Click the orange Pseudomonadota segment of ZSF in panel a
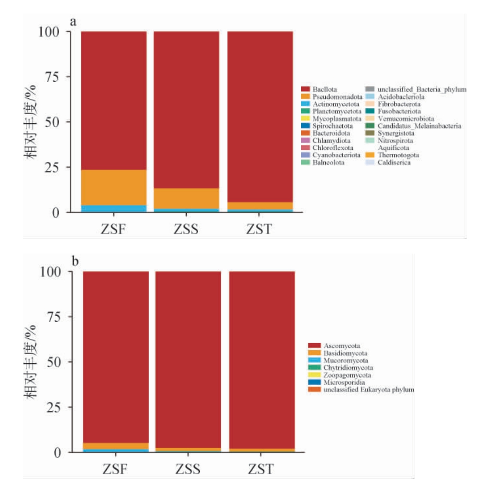point(114,187)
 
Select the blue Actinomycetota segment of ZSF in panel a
point(114,209)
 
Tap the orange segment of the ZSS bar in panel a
point(186,198)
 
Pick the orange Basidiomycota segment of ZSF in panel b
point(116,446)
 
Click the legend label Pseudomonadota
point(337,97)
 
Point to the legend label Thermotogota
point(398,155)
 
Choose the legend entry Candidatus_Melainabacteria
point(419,126)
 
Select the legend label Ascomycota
point(341,346)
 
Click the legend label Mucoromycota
point(345,361)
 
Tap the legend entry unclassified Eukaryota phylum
point(368,390)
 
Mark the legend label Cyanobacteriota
point(336,155)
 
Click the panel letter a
point(73,21)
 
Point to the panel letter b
point(75,261)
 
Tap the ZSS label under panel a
point(186,229)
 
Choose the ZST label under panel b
point(261,469)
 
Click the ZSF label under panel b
point(115,469)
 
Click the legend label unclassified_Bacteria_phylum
point(422,90)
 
